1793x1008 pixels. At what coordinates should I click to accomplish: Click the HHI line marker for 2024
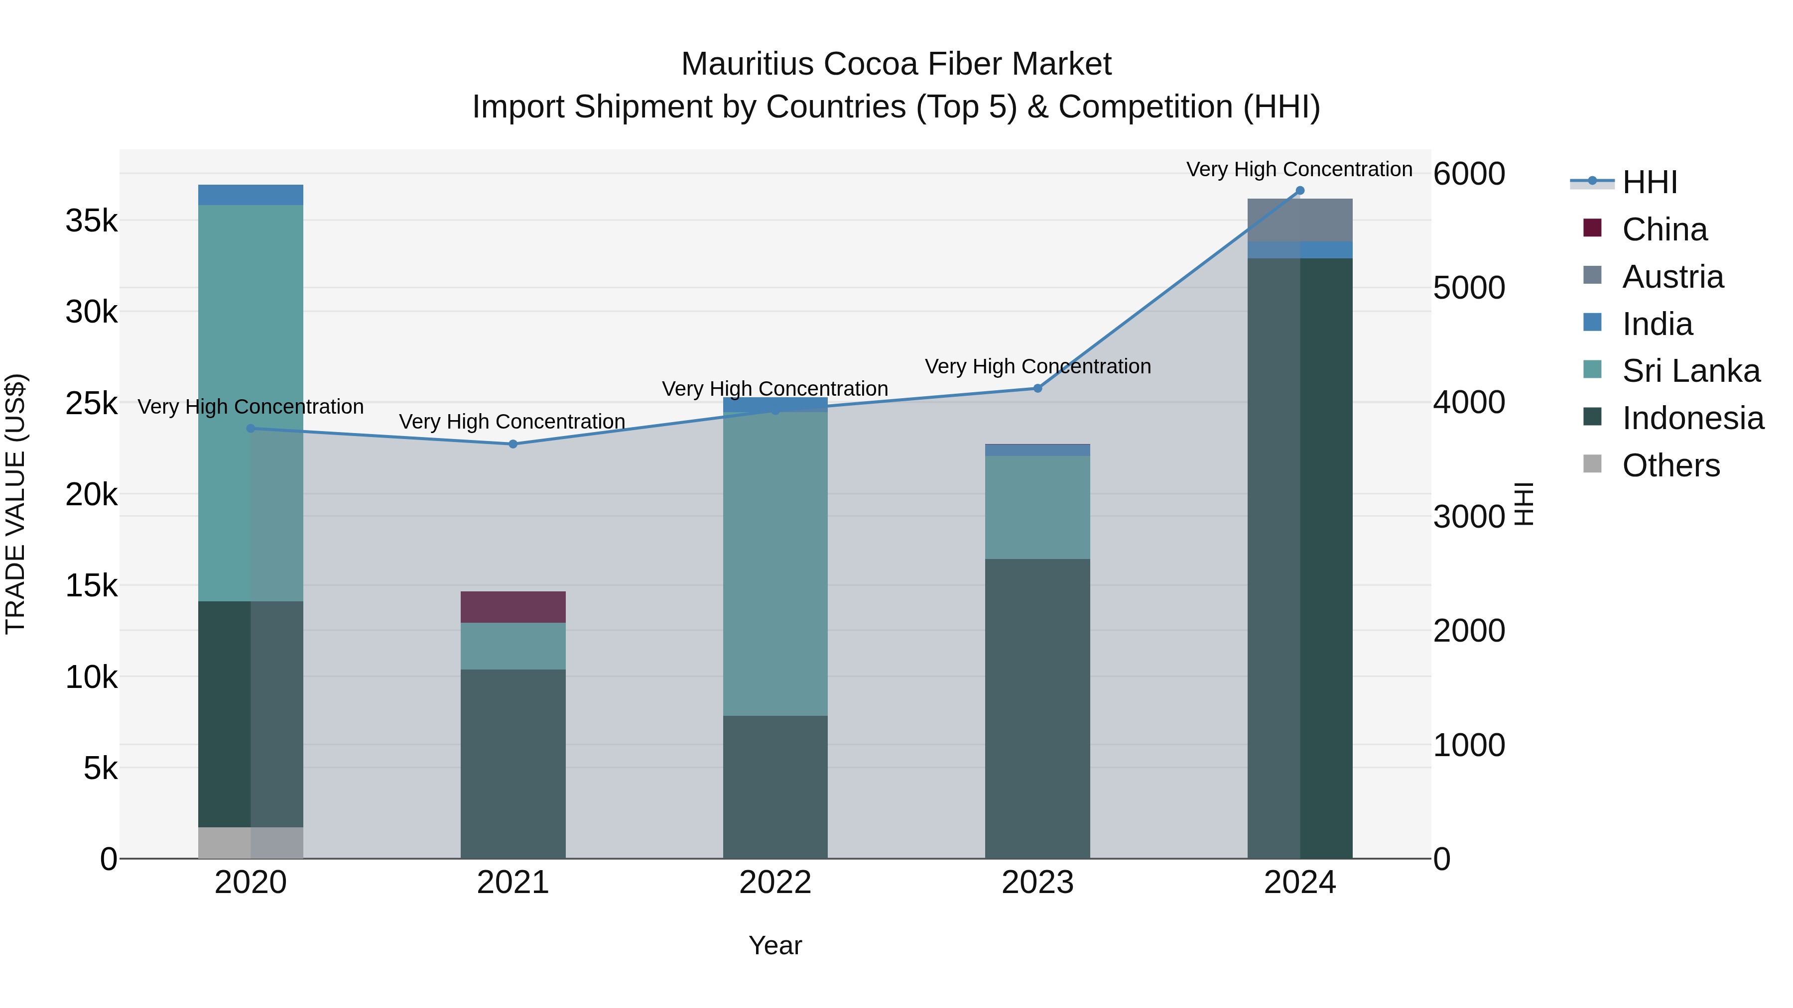click(1299, 191)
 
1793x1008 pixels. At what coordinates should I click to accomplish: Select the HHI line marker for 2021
click(513, 444)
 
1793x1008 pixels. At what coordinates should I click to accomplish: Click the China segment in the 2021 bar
click(513, 607)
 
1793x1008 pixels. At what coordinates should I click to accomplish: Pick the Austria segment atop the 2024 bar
click(1299, 220)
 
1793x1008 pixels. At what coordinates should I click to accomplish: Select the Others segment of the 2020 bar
click(251, 842)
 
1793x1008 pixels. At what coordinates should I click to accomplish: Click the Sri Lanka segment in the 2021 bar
click(513, 646)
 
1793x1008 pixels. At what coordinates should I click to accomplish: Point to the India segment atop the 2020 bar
click(251, 195)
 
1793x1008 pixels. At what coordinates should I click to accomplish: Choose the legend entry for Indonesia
click(1693, 418)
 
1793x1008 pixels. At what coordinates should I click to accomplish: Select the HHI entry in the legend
click(1650, 182)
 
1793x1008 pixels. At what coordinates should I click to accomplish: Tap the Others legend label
click(1670, 465)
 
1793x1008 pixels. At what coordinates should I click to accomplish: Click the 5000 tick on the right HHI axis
click(1469, 288)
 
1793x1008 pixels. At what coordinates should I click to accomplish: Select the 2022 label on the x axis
click(774, 883)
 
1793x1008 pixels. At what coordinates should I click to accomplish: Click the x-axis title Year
click(774, 945)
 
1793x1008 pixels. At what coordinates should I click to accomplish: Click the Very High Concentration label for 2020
click(251, 407)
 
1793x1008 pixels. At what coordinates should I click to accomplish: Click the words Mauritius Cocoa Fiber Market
click(896, 64)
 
